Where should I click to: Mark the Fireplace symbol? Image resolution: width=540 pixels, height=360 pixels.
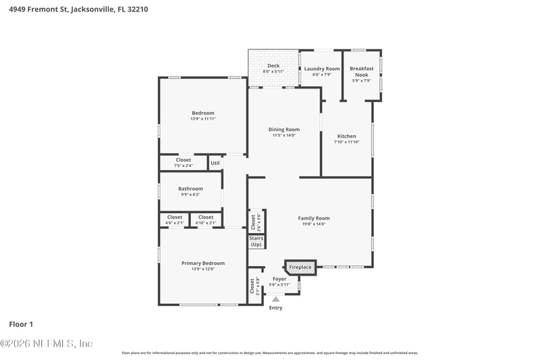(x=300, y=267)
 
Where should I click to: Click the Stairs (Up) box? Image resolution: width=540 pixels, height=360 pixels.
(x=256, y=241)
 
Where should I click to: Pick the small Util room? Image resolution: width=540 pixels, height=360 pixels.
(x=215, y=163)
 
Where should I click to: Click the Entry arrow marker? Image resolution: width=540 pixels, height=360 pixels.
(x=275, y=299)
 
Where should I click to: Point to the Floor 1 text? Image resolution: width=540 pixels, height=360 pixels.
(x=21, y=324)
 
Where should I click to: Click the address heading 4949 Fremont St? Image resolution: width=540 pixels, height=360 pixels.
(x=78, y=9)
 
